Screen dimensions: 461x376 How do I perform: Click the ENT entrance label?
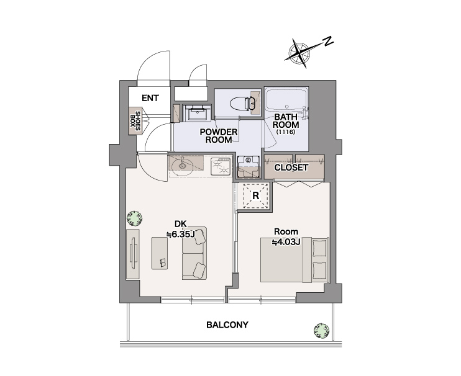pyautogui.click(x=150, y=98)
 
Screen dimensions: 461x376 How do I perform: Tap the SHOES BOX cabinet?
pyautogui.click(x=135, y=121)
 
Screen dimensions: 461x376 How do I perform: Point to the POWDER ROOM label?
pyautogui.click(x=219, y=136)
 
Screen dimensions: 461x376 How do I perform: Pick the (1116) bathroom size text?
pyautogui.click(x=285, y=132)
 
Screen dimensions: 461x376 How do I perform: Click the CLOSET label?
pyautogui.click(x=291, y=168)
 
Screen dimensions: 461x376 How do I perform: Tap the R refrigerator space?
pyautogui.click(x=255, y=195)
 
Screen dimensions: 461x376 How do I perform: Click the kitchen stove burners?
pyautogui.click(x=221, y=166)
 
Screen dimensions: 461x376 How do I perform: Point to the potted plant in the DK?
pyautogui.click(x=135, y=218)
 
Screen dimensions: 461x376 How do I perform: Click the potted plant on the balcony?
pyautogui.click(x=321, y=331)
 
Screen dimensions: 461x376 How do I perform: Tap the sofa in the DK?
pyautogui.click(x=194, y=253)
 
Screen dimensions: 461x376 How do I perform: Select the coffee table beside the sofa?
pyautogui.click(x=160, y=253)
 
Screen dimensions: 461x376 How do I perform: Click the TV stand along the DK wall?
pyautogui.click(x=133, y=254)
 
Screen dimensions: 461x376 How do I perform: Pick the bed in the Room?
pyautogui.click(x=294, y=260)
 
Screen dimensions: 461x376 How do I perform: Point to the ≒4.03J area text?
pyautogui.click(x=285, y=242)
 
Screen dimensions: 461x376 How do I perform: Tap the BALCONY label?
pyautogui.click(x=227, y=325)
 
